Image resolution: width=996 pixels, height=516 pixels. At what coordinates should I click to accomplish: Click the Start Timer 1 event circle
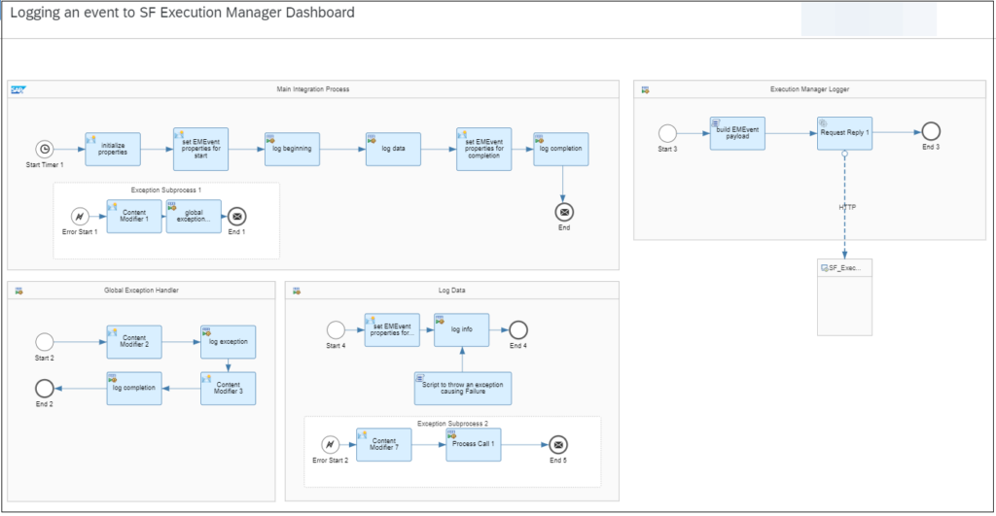point(44,149)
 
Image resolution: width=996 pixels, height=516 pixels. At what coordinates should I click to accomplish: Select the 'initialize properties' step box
point(113,150)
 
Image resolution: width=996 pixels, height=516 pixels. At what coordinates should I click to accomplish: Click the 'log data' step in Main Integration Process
point(393,149)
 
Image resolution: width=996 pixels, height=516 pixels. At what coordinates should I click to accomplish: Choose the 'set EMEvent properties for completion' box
point(483,149)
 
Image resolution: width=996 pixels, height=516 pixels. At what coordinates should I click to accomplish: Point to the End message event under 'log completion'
point(563,212)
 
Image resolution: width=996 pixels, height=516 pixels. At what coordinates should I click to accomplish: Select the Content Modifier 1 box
point(134,217)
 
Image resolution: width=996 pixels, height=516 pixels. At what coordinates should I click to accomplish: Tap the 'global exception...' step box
point(194,217)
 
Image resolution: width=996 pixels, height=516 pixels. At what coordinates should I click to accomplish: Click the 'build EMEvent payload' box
point(737,132)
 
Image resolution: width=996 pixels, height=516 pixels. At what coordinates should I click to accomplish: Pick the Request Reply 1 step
point(844,132)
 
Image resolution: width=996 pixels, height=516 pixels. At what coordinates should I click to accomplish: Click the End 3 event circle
point(931,132)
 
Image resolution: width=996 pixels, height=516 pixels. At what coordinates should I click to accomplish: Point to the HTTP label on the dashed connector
point(847,207)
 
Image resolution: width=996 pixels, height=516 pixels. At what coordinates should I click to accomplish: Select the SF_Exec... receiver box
point(844,296)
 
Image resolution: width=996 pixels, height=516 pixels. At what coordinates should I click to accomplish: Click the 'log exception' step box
point(228,342)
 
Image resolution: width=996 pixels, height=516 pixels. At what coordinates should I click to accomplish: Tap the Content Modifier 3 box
point(228,388)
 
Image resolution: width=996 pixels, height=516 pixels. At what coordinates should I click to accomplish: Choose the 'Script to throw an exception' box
point(462,387)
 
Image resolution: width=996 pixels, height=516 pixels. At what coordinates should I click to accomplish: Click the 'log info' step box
point(461,329)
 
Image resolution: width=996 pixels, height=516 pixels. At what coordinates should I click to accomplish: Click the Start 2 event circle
point(44,342)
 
